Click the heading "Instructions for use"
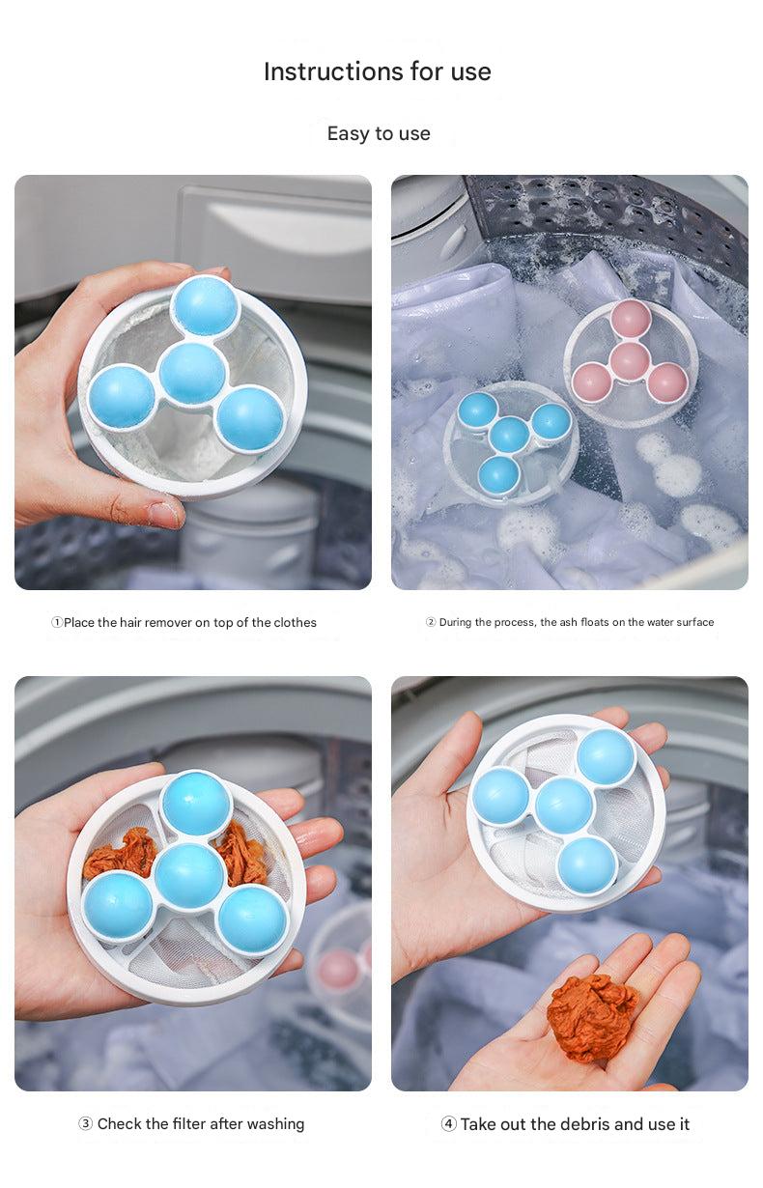(x=377, y=71)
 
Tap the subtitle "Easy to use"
(x=379, y=133)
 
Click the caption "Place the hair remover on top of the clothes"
(x=190, y=622)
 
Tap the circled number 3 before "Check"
(x=85, y=1123)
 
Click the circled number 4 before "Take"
(x=448, y=1123)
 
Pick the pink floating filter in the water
(x=631, y=363)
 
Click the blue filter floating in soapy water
(x=511, y=442)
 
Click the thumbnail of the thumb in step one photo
(x=164, y=514)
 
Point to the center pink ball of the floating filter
(x=630, y=359)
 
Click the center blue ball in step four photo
(x=564, y=806)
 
